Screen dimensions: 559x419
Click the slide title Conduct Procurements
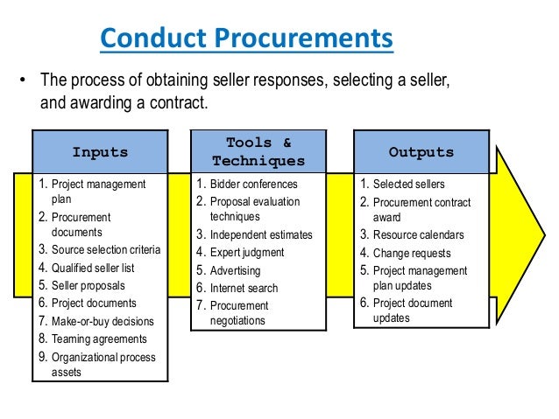click(247, 38)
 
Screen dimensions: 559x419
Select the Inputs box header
click(100, 152)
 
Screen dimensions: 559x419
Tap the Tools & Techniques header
click(258, 151)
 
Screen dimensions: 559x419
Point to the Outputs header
click(421, 152)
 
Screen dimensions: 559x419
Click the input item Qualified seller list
click(93, 268)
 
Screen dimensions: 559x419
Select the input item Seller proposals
click(88, 285)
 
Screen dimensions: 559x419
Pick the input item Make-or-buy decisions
click(103, 321)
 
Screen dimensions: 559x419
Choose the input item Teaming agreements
click(99, 339)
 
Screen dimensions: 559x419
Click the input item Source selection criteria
click(106, 249)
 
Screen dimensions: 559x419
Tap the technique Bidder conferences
click(254, 184)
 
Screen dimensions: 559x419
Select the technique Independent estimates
click(261, 235)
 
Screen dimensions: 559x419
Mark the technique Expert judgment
click(247, 253)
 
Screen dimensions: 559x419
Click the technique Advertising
click(236, 270)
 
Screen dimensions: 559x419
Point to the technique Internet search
click(244, 288)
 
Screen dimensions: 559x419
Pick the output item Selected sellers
click(409, 184)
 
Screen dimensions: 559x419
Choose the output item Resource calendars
click(419, 235)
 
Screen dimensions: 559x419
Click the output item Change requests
click(412, 253)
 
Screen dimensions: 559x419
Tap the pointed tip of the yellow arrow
click(544, 235)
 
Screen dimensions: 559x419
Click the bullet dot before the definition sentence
click(23, 80)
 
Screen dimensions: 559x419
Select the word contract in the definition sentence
click(179, 103)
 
